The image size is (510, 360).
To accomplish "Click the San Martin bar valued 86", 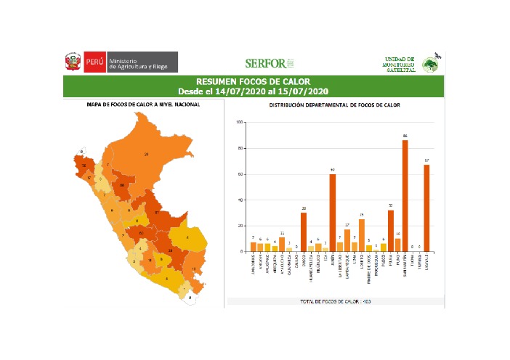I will point(405,195).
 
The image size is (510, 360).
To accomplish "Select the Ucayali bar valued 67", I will point(426,208).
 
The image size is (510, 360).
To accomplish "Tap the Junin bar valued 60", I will point(332,213).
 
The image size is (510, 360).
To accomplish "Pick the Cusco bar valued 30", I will point(304,232).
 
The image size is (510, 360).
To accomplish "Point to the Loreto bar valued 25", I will point(361,235).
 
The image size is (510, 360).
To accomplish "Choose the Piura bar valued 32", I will point(390,230).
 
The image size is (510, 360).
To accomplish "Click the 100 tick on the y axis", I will point(240,122).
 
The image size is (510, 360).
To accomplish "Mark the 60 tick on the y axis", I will point(241,174).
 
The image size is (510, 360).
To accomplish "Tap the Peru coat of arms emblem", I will point(73,62).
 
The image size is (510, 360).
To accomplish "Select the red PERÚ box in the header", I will point(94,62).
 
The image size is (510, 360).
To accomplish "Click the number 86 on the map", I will point(123,185).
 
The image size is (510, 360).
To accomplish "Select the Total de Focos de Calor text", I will point(336,300).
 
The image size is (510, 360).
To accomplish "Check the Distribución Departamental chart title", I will point(335,105).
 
